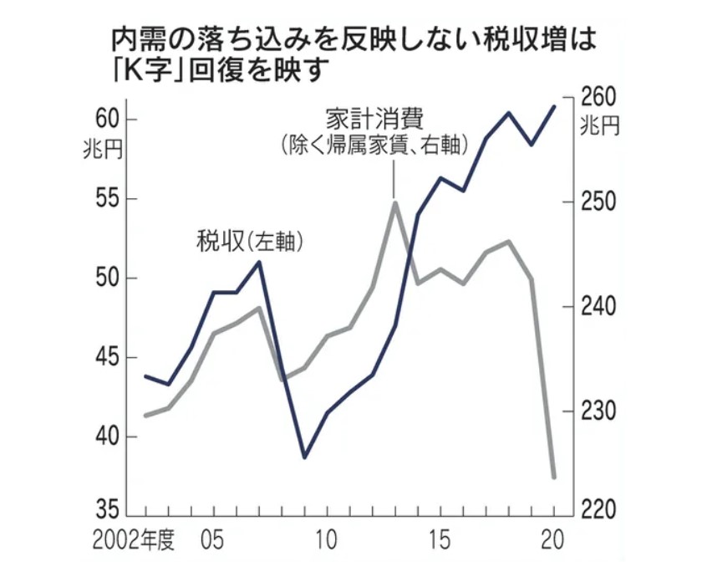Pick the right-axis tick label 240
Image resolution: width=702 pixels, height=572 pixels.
(598, 306)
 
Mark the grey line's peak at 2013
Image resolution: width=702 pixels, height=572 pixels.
(394, 202)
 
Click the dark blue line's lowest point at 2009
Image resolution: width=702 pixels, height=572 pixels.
(304, 457)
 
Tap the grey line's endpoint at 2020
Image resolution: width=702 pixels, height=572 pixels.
(553, 478)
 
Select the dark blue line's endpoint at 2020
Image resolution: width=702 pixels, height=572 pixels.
(553, 106)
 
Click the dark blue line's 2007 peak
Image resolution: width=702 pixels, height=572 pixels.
(259, 262)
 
